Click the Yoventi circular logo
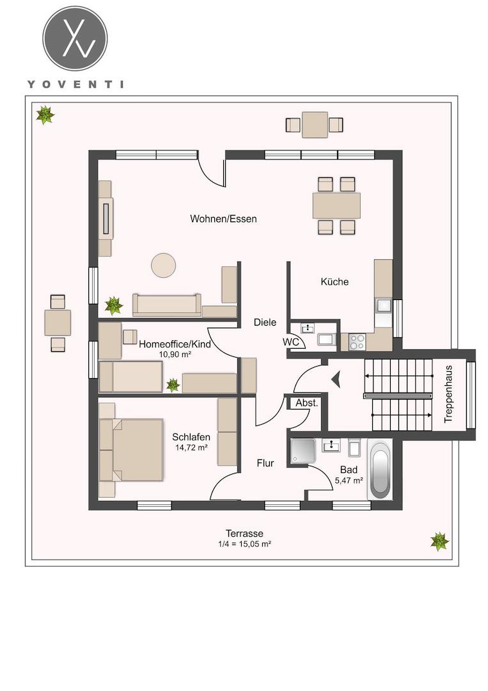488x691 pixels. point(75,38)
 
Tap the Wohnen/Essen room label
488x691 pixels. point(223,219)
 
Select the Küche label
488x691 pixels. point(335,282)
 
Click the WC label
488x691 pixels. point(290,342)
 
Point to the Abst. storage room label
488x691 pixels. point(306,403)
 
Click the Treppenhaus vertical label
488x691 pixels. point(448,394)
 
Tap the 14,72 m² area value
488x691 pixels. point(192,447)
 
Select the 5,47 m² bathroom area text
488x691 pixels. point(349,481)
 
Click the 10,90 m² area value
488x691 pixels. point(175,354)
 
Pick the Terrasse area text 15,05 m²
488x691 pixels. point(244,544)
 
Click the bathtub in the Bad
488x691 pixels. point(381,470)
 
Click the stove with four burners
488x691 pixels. point(357,342)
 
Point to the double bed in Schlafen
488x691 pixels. point(131,450)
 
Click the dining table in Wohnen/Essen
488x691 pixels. point(336,206)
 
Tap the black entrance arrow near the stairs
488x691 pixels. point(336,379)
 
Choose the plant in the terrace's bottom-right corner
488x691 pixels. point(439,541)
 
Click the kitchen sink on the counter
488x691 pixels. point(383,305)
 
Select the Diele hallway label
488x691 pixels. point(265,322)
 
